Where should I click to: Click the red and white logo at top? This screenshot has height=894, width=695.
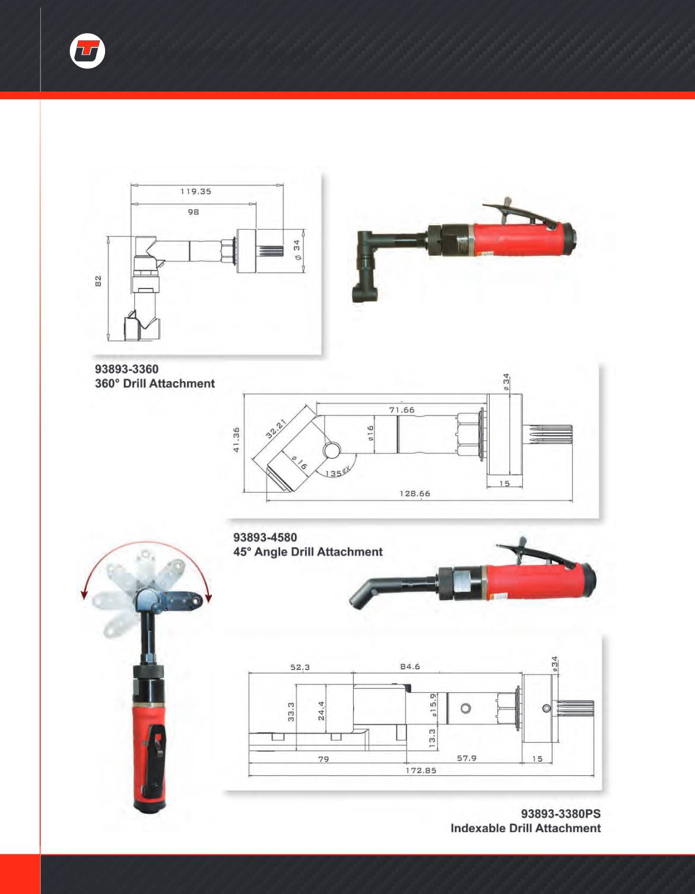point(87,51)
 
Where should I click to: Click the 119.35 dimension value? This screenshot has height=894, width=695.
point(196,191)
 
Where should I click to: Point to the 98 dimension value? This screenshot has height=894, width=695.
point(193,212)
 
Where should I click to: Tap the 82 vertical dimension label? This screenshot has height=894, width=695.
point(99,281)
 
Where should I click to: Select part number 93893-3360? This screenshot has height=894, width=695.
point(126,369)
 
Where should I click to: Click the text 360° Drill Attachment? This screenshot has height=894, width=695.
point(155,383)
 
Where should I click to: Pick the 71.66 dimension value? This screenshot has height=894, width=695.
point(402,410)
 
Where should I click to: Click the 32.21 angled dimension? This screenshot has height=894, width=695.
point(276,429)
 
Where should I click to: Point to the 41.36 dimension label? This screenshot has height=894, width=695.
point(236,440)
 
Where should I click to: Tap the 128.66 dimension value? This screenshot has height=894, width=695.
point(414,493)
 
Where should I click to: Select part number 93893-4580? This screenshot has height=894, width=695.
point(265,537)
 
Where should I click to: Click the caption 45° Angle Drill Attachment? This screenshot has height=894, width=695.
point(308,551)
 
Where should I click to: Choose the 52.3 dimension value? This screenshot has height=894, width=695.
point(300,667)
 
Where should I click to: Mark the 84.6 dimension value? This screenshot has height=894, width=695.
point(410,667)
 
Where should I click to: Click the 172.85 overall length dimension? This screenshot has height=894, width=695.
point(421,770)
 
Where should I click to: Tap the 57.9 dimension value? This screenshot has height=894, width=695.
point(466,758)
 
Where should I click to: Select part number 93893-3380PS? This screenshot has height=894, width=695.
point(561,814)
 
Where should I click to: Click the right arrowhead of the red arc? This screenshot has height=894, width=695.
point(208,598)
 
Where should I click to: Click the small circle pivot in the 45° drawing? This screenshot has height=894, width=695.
point(331,451)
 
